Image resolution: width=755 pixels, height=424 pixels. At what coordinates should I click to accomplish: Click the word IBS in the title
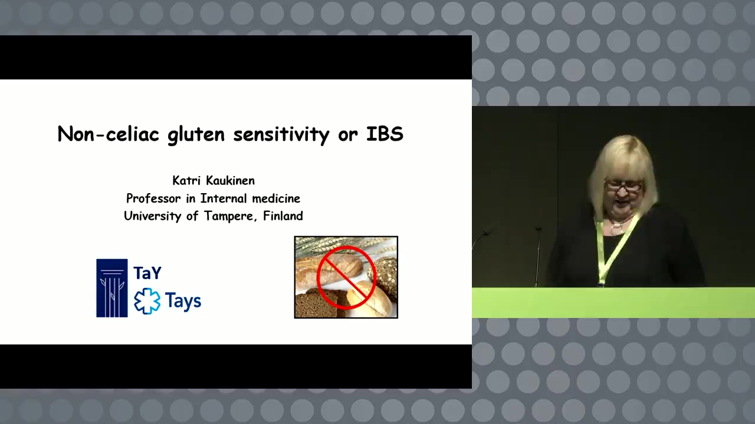[385, 134]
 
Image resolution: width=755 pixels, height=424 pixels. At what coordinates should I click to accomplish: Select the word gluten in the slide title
[196, 135]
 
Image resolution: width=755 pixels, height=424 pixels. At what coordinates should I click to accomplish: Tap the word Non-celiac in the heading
[108, 134]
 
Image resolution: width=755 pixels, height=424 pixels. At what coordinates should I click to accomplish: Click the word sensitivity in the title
[281, 135]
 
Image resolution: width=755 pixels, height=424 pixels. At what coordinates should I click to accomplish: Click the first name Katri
[187, 181]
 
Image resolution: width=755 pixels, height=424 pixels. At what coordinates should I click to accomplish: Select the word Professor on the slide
[153, 198]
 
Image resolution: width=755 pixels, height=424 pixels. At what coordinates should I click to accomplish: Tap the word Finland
[283, 216]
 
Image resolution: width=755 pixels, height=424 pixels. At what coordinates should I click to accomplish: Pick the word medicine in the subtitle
[276, 198]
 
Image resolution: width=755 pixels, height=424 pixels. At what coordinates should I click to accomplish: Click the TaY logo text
[147, 273]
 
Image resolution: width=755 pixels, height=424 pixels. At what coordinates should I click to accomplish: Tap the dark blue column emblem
[112, 288]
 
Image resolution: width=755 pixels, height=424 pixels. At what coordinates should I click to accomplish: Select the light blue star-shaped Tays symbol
[147, 301]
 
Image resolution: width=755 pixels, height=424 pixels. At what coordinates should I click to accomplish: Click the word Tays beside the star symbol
[183, 301]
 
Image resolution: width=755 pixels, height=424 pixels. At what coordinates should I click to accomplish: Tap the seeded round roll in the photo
[383, 274]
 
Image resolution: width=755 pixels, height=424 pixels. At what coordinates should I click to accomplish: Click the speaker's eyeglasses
[623, 185]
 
